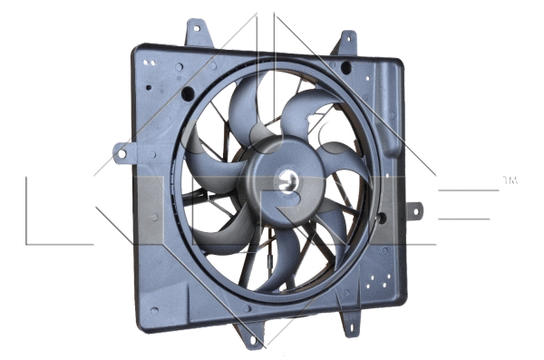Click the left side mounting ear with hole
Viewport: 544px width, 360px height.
click(120, 153)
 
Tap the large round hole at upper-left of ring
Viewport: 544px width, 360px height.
click(188, 92)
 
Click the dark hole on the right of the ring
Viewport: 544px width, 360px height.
click(381, 218)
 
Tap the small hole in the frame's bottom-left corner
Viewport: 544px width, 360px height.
click(154, 309)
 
